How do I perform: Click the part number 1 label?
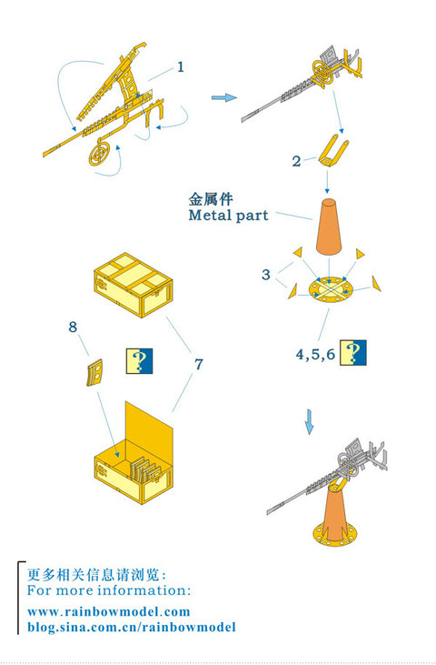(x=181, y=66)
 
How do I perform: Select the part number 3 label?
(x=265, y=274)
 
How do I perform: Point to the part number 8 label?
(x=73, y=325)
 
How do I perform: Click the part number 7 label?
(x=199, y=364)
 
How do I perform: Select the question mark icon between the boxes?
(x=137, y=362)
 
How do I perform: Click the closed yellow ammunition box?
(x=131, y=286)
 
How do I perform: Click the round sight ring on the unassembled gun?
(x=102, y=154)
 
